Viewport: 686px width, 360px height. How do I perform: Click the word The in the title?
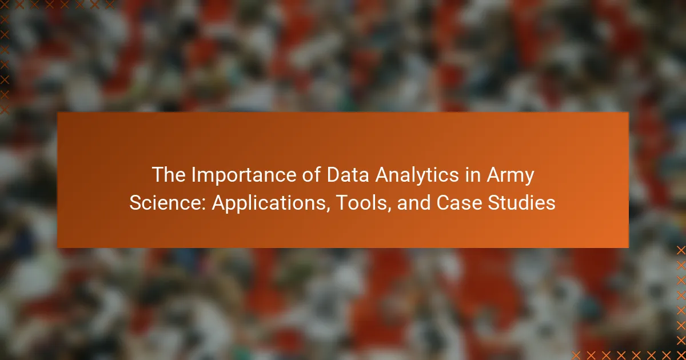169,174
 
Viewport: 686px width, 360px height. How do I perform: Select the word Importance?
244,174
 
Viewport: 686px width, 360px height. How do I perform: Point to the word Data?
348,174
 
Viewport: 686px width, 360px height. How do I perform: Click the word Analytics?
417,175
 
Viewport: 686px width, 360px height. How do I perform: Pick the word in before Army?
473,174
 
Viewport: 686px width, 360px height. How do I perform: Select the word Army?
510,175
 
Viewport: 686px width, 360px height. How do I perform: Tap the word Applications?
269,203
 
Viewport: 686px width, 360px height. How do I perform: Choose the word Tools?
361,203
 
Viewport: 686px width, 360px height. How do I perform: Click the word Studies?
521,203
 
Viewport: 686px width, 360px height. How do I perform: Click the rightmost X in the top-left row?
110,5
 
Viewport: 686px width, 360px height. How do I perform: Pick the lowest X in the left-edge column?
5,109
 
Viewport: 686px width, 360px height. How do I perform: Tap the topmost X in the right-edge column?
681,250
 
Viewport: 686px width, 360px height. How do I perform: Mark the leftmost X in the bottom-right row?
576,355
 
